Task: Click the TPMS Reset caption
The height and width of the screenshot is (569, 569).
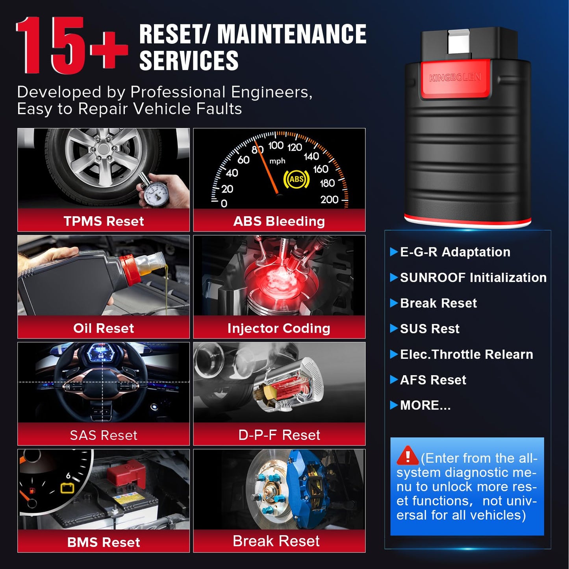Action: [x=104, y=221]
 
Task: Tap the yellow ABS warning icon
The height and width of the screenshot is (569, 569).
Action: [x=297, y=179]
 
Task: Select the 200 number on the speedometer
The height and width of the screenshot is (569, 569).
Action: [x=330, y=200]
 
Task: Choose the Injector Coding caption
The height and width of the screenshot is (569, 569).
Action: [x=279, y=328]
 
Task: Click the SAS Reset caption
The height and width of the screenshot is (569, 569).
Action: [x=104, y=435]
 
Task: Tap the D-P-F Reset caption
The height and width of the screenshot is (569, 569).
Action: [x=279, y=435]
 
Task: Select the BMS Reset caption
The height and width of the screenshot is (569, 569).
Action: [x=104, y=542]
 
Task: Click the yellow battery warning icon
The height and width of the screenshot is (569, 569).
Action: [x=67, y=488]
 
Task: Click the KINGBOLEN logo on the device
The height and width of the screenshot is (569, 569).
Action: [x=455, y=78]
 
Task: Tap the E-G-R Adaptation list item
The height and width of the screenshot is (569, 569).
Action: [x=455, y=252]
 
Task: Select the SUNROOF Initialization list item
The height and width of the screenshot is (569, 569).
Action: [x=473, y=278]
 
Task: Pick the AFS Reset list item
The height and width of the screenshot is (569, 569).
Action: [x=433, y=380]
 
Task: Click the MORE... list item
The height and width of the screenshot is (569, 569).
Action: [x=425, y=405]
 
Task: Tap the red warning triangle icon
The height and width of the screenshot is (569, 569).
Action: [x=408, y=455]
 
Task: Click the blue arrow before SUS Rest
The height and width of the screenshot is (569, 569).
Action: [x=394, y=328]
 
